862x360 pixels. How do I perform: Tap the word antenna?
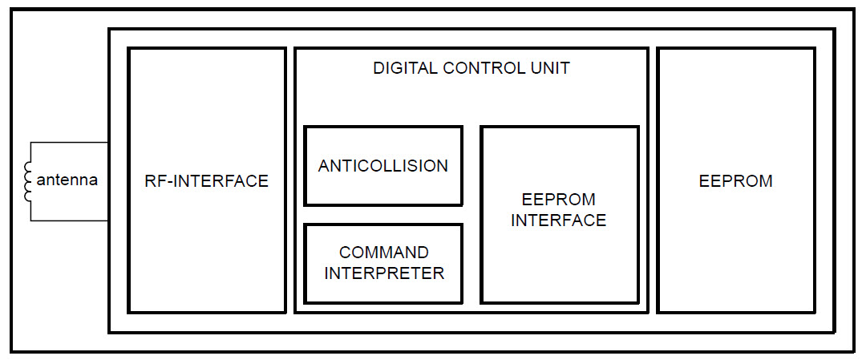(67, 180)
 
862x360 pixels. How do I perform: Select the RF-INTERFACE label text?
(206, 181)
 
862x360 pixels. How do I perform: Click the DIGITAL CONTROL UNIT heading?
(471, 68)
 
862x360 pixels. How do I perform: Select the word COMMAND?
(383, 253)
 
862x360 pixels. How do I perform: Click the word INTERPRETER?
(383, 273)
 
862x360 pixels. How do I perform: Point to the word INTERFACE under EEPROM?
(559, 220)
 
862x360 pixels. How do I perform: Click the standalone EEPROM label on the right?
(735, 181)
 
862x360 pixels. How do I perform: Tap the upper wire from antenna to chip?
(72, 143)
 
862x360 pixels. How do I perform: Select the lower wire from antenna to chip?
(72, 220)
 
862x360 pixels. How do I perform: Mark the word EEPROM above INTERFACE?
(559, 200)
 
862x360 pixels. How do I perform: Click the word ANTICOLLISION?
(382, 166)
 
